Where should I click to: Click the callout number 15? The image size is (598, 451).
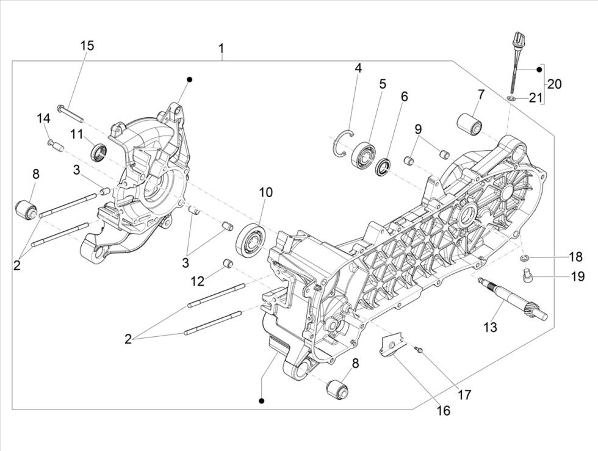(x=87, y=46)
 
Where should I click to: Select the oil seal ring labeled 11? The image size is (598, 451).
(x=99, y=151)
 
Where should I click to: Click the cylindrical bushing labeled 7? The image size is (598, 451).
(x=469, y=121)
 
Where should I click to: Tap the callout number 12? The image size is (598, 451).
(x=197, y=281)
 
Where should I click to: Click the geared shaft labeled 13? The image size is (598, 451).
(x=513, y=298)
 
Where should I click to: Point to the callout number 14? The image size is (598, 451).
(x=43, y=118)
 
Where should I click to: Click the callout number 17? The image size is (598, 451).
(x=464, y=395)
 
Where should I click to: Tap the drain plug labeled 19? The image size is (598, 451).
(x=528, y=277)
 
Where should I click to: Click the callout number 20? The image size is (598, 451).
(x=554, y=84)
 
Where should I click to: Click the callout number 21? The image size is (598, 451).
(x=535, y=98)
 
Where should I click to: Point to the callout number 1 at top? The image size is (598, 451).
(x=222, y=48)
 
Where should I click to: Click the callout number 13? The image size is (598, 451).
(x=490, y=327)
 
